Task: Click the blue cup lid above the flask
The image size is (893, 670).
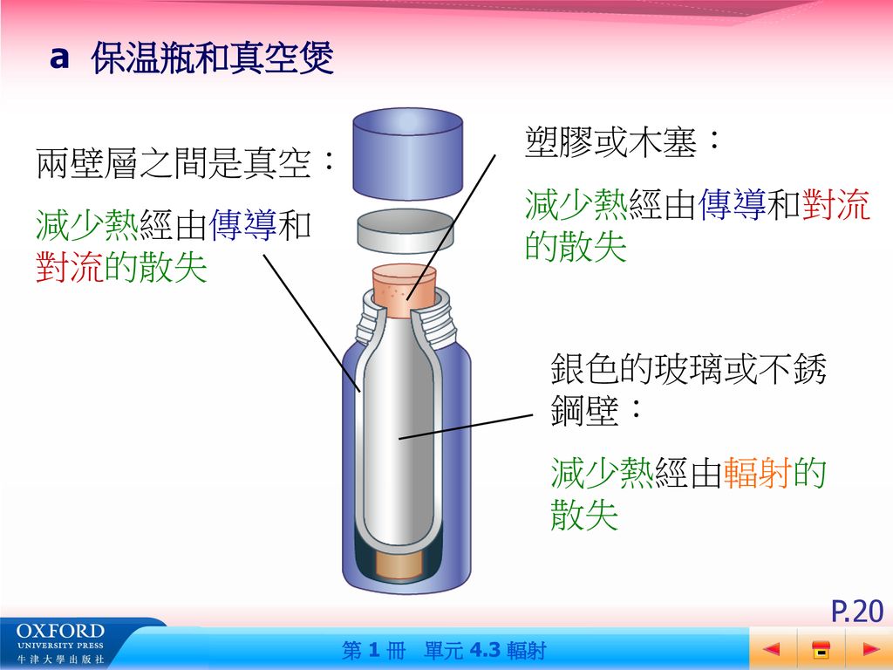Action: point(407,154)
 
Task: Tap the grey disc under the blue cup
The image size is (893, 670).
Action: point(406,230)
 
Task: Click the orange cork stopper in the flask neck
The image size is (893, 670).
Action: point(405,291)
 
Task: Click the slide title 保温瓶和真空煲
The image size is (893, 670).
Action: point(213,58)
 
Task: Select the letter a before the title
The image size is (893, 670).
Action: point(59,58)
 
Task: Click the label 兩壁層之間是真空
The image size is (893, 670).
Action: point(174,163)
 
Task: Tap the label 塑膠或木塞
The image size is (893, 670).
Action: point(610,142)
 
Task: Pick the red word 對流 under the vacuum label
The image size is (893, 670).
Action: point(70,267)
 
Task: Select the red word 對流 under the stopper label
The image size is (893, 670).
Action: point(836,204)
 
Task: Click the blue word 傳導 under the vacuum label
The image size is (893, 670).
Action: point(243,225)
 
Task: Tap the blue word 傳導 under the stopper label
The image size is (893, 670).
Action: point(732,204)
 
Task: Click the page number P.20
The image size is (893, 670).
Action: point(857,611)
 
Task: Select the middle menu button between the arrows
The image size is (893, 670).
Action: point(821,649)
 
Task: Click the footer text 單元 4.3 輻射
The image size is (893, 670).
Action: point(485,650)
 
